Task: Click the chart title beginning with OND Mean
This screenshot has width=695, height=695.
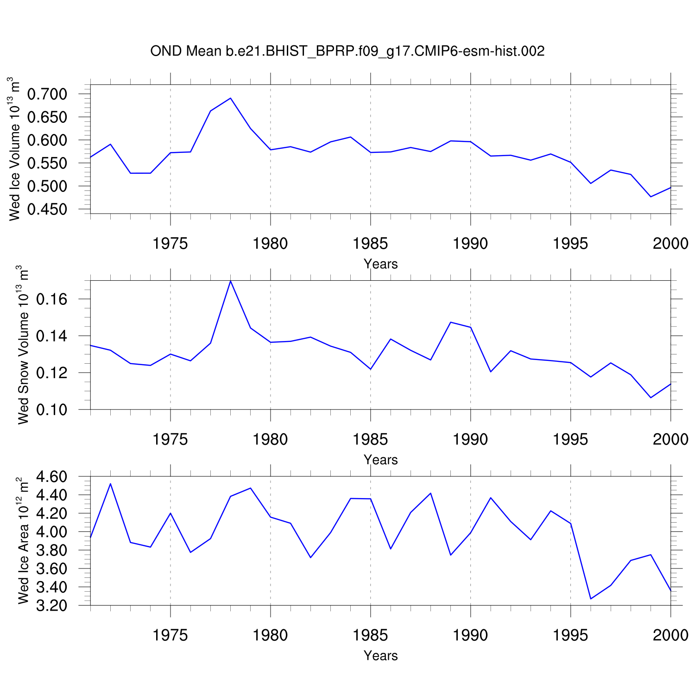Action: coord(347,51)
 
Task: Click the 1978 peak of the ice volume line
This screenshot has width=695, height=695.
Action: coord(230,98)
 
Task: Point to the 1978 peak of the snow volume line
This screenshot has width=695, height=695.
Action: coord(230,281)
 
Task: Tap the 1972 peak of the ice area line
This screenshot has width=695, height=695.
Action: coord(110,484)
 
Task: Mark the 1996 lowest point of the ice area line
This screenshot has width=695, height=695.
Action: coord(591,599)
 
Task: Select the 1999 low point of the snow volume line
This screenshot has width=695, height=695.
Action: coord(651,398)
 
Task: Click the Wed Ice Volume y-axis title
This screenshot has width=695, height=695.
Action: coord(15,148)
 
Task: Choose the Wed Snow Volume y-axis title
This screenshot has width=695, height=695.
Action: coord(23,345)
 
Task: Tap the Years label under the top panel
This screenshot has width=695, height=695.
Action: coord(380,264)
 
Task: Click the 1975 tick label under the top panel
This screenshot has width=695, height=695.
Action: coord(171,244)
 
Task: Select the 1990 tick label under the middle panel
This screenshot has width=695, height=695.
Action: coord(470,439)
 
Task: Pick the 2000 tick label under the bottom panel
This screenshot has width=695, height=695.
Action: coord(670,635)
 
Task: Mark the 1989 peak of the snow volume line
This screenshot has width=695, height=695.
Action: coord(451,322)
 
